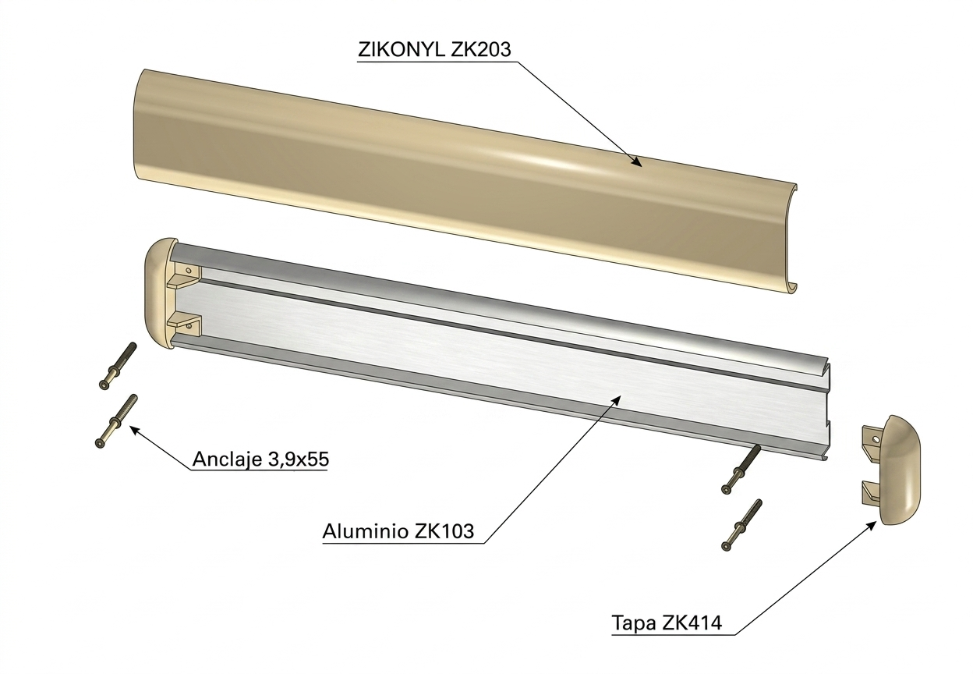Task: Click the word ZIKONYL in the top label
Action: (402, 50)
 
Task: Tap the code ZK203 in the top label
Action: (481, 50)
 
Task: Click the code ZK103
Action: (444, 531)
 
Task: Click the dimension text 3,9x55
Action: (299, 459)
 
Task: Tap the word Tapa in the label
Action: (634, 623)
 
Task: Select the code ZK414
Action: (692, 623)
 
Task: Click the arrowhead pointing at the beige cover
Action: (636, 161)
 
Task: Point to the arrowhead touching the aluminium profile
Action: (615, 401)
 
